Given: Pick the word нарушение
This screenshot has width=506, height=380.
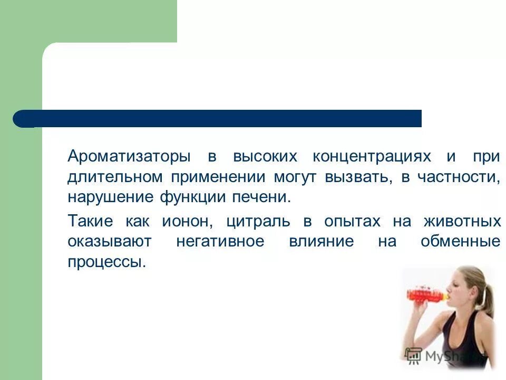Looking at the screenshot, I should tap(111, 198).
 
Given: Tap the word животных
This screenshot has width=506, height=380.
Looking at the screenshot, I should tap(462, 222).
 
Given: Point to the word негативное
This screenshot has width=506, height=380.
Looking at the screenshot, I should tap(220, 242).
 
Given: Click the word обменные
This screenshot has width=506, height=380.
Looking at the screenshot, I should tap(460, 242).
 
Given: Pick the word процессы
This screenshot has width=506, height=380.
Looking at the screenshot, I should tap(106, 262).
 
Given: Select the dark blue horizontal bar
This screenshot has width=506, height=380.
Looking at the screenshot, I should tap(221, 119).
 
